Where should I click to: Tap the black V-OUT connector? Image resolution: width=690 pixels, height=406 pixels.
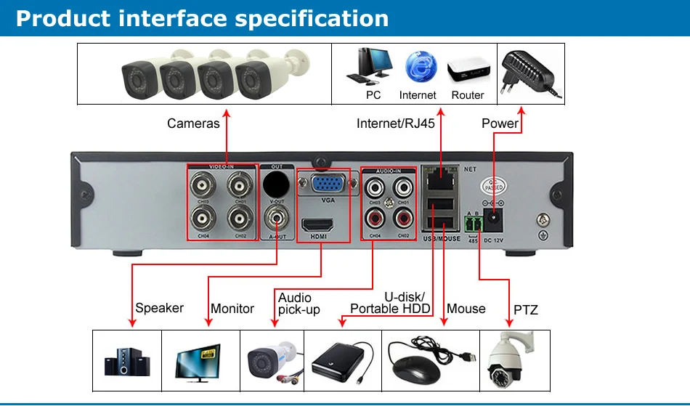277,181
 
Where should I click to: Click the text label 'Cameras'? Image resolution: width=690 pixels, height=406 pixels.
193,123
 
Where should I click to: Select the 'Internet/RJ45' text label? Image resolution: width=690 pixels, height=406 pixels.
395,123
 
